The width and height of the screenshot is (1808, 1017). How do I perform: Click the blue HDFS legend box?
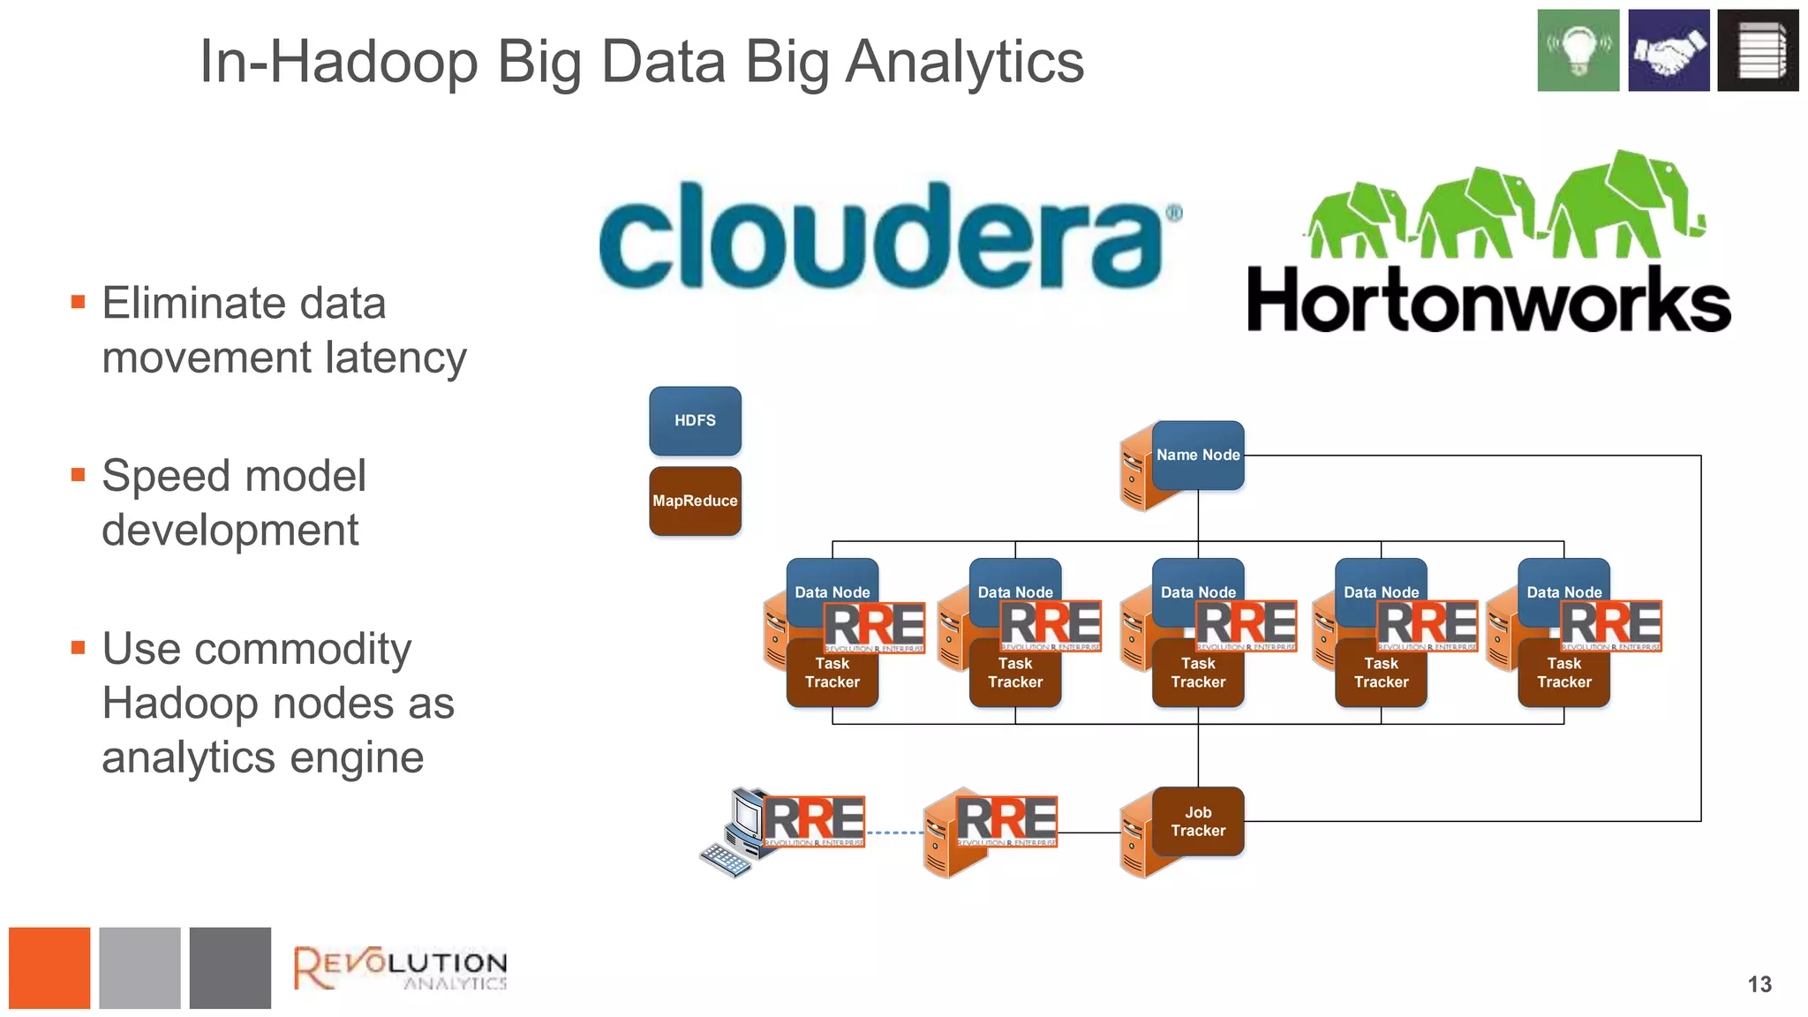tap(695, 420)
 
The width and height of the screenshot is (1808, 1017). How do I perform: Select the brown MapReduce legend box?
tap(695, 501)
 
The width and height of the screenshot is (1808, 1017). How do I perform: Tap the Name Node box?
tap(1198, 455)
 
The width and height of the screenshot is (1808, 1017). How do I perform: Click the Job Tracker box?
tap(1198, 821)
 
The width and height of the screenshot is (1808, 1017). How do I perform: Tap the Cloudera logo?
tap(887, 236)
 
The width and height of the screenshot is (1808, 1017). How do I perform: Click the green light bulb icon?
tap(1578, 50)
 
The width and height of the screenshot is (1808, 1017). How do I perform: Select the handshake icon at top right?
tap(1668, 50)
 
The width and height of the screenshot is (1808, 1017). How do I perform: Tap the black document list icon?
tap(1758, 50)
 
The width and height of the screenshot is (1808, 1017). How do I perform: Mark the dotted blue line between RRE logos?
tap(893, 832)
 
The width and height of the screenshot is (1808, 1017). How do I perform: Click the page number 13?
tap(1759, 984)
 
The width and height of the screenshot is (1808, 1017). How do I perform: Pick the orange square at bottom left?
tap(49, 968)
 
